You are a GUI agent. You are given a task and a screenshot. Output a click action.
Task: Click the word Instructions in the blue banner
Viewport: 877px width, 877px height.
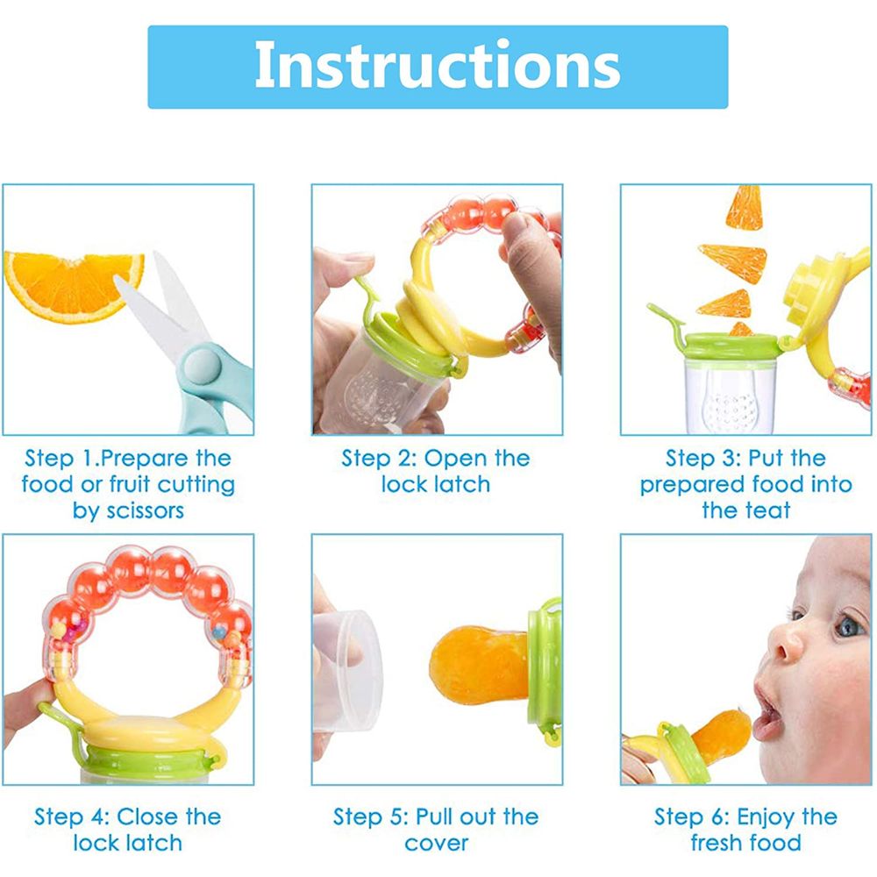[x=438, y=65]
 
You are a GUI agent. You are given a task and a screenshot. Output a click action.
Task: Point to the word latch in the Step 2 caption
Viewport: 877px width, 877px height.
[x=462, y=484]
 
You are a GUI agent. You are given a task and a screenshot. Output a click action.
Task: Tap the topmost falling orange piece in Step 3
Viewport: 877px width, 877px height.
[x=745, y=207]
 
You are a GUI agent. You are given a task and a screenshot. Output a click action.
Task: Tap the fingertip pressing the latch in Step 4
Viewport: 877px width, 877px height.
[x=25, y=705]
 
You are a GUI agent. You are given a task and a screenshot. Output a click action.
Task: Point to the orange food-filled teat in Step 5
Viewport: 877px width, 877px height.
[x=479, y=665]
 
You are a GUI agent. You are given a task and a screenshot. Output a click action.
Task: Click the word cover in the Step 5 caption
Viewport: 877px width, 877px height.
[x=437, y=844]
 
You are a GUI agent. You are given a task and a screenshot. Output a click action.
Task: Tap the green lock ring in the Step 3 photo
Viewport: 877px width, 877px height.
[x=730, y=346]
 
